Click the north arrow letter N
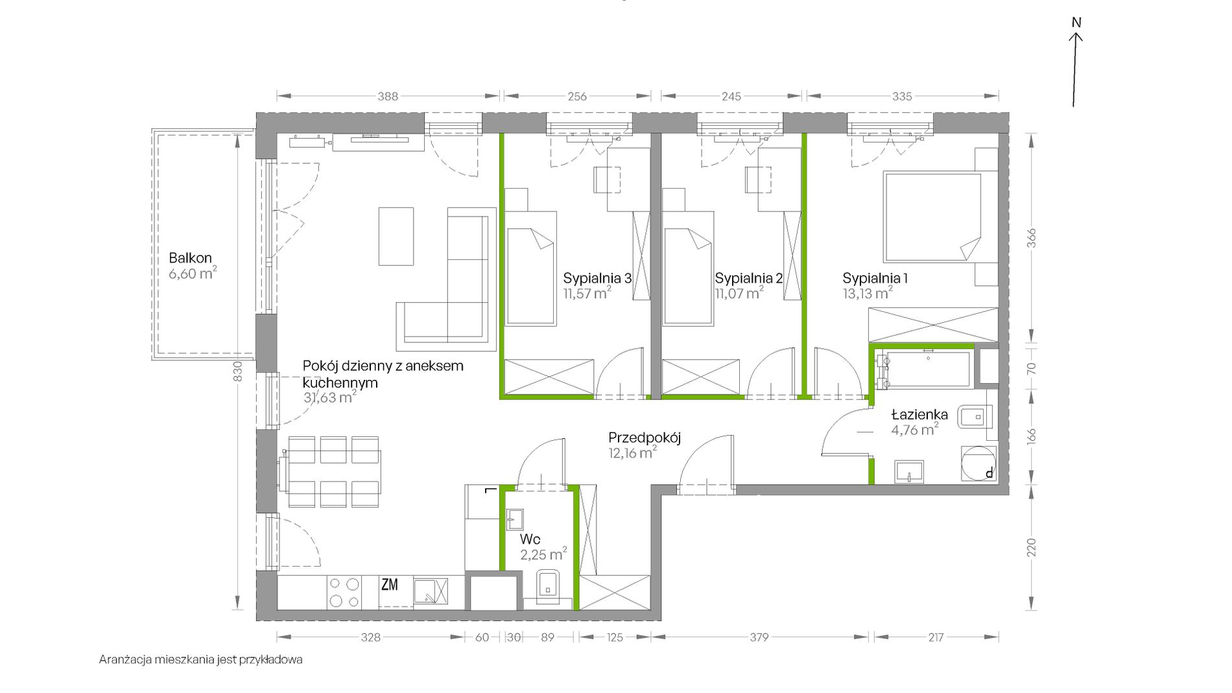[x=1076, y=22]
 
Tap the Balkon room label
[x=190, y=258]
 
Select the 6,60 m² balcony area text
[x=193, y=273]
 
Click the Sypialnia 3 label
[x=597, y=278]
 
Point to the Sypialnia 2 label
[x=749, y=278]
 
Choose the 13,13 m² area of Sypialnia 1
[x=868, y=293]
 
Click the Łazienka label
[x=919, y=414]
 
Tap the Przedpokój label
[x=645, y=438]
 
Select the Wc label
[x=530, y=539]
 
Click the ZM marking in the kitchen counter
[x=389, y=585]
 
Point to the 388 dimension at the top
[x=388, y=97]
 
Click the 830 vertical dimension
[x=237, y=371]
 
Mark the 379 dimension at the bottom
[x=759, y=637]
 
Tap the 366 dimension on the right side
[x=1031, y=238]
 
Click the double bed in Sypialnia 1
[x=932, y=217]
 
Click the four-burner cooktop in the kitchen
[x=344, y=592]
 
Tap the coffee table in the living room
[x=396, y=236]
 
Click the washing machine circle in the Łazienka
[x=978, y=464]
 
